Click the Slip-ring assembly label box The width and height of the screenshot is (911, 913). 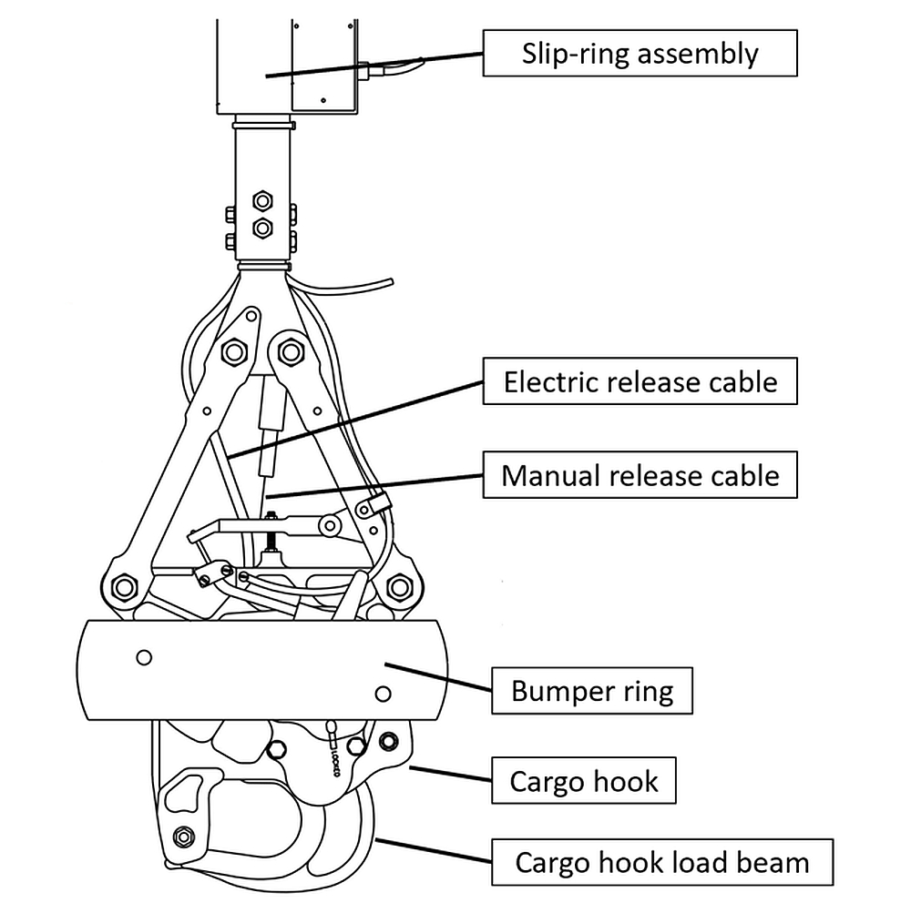[640, 54]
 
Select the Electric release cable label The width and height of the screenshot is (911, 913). [640, 381]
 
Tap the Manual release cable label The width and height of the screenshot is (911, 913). [640, 475]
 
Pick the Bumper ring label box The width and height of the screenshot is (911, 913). [592, 691]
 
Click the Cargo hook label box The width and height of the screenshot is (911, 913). [584, 781]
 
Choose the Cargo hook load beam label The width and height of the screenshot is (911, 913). [662, 862]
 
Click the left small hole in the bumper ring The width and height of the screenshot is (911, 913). [143, 657]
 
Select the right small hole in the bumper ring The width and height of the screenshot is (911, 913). [384, 695]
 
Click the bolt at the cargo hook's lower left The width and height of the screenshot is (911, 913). [185, 836]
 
